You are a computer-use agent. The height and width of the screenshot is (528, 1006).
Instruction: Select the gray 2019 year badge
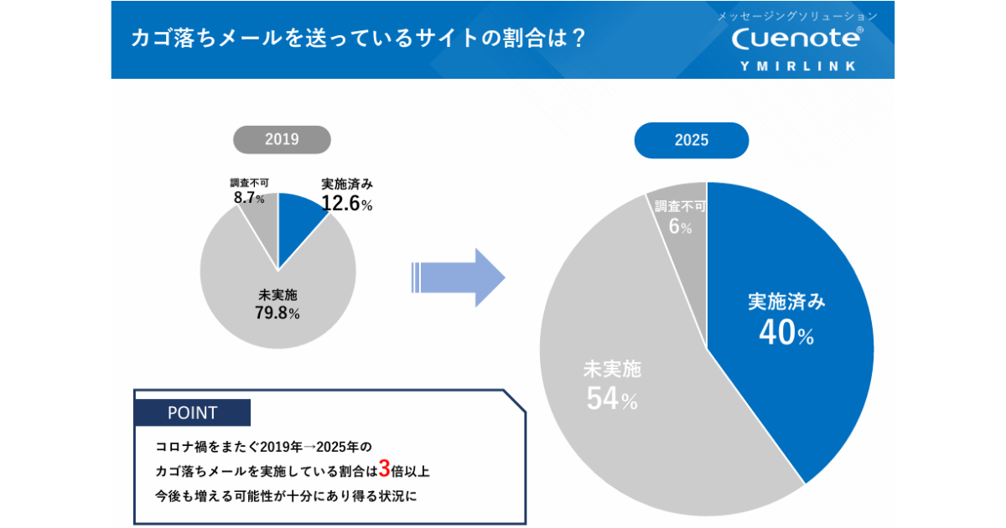(282, 140)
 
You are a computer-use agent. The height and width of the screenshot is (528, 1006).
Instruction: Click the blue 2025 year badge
(692, 140)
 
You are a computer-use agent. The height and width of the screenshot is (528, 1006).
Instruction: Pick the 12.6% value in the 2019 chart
(346, 204)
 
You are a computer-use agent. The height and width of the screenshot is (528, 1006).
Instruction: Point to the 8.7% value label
(249, 199)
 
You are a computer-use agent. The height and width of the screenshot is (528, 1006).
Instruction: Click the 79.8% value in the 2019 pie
(277, 313)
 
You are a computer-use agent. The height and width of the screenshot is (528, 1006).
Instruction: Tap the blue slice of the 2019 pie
(298, 217)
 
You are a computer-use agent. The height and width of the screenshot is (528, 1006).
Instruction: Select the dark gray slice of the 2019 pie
(262, 218)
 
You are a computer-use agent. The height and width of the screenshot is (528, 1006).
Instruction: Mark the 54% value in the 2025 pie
(612, 400)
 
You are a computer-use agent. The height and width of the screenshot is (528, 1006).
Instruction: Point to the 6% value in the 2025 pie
(680, 227)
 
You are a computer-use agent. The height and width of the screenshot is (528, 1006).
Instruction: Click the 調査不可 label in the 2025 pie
(680, 207)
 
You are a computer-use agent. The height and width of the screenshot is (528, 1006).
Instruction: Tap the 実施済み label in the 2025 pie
(786, 302)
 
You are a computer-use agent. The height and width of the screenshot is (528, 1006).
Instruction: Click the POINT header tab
(192, 413)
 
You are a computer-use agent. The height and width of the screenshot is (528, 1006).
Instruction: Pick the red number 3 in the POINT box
(385, 468)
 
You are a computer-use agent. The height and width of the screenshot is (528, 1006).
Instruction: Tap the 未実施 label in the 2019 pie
(277, 295)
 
